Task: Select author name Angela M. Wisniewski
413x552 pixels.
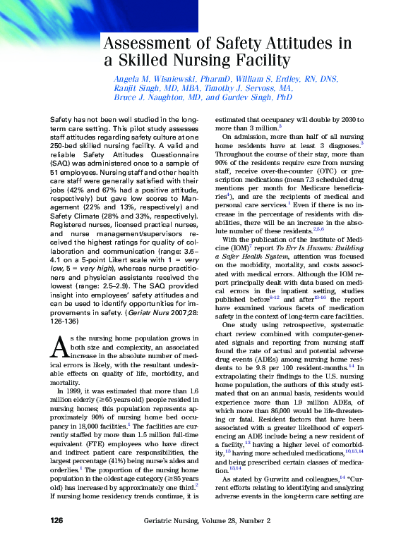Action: point(156,79)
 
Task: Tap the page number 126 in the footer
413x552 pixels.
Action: point(57,540)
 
